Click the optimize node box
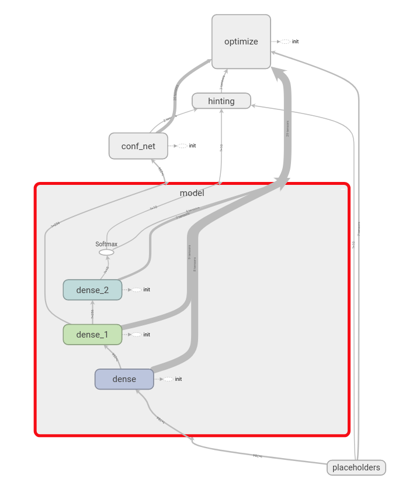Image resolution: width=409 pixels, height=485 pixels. pos(241,42)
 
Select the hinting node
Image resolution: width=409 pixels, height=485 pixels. pos(221,101)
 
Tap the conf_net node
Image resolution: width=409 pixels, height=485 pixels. pos(138,146)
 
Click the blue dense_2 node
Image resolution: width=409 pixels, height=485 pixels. pos(92,290)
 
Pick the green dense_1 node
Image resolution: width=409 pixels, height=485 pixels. pos(92,335)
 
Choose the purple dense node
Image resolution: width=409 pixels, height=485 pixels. pos(124,379)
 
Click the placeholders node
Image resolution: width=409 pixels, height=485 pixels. pos(356,467)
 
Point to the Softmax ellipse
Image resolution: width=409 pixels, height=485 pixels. pos(106,252)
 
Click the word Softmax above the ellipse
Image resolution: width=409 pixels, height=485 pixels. pos(106,244)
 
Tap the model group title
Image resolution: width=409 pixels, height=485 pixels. pos(192,193)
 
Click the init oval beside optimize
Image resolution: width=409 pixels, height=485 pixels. pos(285,42)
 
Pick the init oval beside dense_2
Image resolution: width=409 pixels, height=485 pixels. pos(136,290)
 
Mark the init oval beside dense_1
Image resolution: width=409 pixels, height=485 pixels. pos(136,335)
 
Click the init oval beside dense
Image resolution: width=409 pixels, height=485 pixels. pos(168,379)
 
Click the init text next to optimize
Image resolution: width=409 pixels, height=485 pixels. pos(296,42)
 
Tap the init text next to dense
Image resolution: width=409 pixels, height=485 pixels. pos(178,379)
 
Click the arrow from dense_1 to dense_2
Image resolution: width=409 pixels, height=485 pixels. pos(92,312)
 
